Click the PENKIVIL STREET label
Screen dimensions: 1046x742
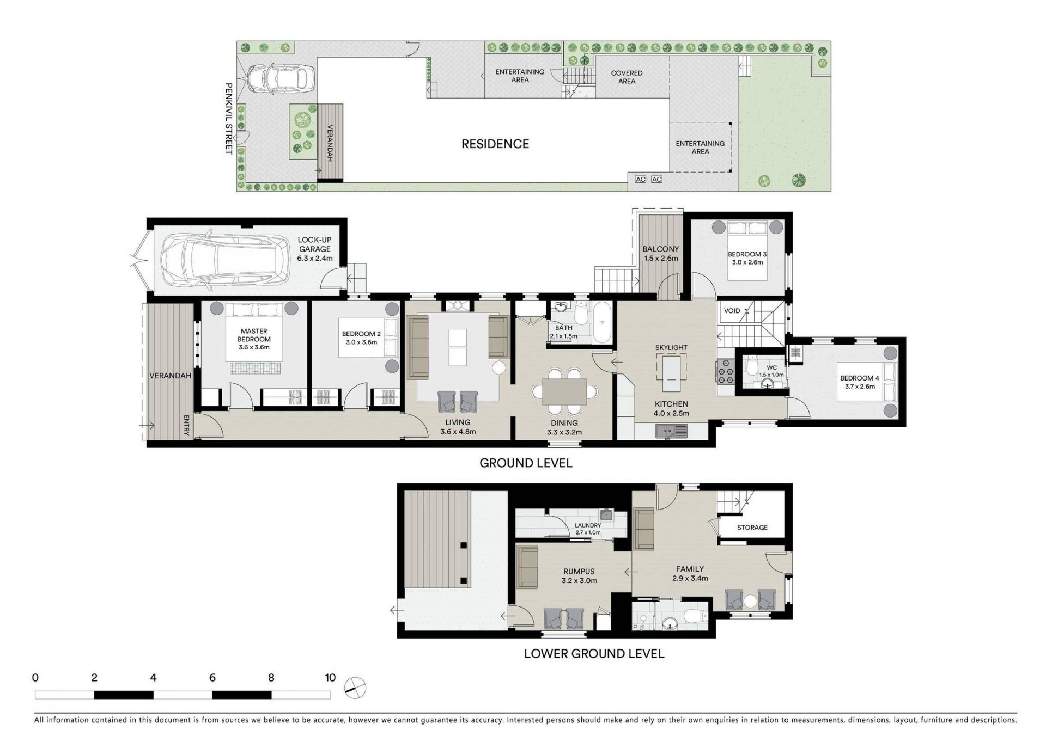pos(229,119)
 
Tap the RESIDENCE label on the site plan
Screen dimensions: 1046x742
pos(495,144)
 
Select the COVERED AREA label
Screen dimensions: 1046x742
pos(627,77)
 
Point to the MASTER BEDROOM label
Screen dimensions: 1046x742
pos(254,335)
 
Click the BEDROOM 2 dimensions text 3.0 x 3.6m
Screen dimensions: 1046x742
pos(361,342)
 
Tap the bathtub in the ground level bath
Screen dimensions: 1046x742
pos(603,323)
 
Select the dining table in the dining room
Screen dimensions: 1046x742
pos(564,392)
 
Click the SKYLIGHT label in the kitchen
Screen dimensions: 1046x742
pos(671,347)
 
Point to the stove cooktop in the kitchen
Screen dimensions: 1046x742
pos(725,370)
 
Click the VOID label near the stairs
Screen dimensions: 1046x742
pos(732,311)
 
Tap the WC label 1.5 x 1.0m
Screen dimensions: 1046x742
pos(771,371)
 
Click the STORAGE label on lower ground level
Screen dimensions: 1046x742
pos(752,528)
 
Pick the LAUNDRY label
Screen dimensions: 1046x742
pos(587,525)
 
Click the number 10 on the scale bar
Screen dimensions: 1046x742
pos(330,678)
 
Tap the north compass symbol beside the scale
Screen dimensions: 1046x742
pos(356,688)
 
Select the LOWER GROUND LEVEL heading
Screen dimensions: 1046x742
pos(594,653)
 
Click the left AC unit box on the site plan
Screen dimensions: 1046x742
pos(640,179)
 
